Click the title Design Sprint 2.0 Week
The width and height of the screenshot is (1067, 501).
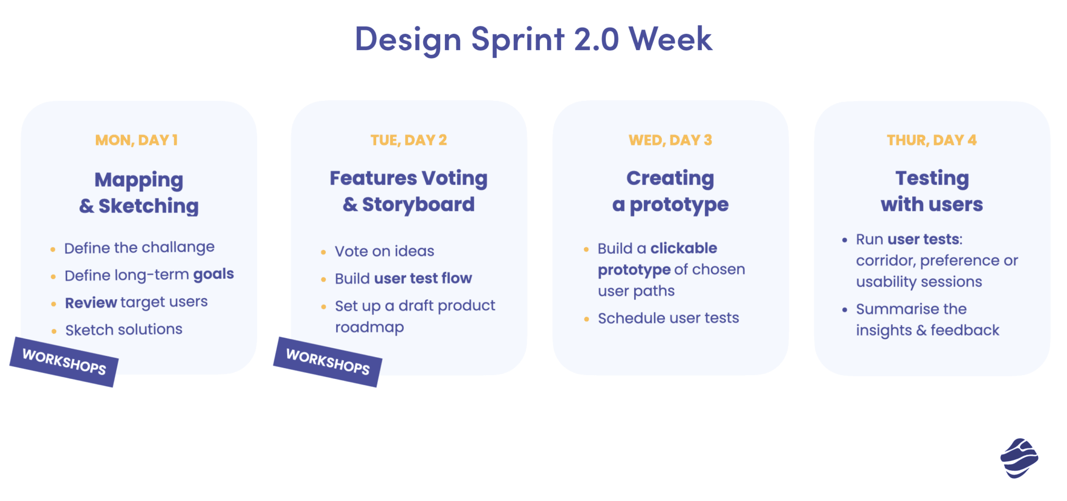pyautogui.click(x=533, y=39)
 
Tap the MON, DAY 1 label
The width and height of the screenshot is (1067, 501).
pyautogui.click(x=137, y=140)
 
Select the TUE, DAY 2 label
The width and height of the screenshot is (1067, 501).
pyautogui.click(x=408, y=140)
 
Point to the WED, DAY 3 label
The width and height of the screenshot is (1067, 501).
pyautogui.click(x=670, y=140)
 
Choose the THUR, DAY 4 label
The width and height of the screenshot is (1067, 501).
pyautogui.click(x=932, y=140)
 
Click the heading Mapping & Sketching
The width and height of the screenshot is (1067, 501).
pyautogui.click(x=139, y=193)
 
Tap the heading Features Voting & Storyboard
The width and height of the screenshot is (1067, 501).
pyautogui.click(x=408, y=191)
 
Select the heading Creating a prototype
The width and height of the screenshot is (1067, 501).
pyautogui.click(x=670, y=191)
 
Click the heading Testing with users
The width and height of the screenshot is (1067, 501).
pyautogui.click(x=932, y=191)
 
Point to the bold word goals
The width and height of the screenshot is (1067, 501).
pyautogui.click(x=214, y=274)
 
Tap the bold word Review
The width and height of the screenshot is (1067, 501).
pyautogui.click(x=91, y=302)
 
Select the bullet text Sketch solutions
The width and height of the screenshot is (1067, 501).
pyautogui.click(x=123, y=329)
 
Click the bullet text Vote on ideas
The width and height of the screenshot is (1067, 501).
pyautogui.click(x=384, y=251)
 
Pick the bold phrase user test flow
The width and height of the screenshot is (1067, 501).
pyautogui.click(x=423, y=278)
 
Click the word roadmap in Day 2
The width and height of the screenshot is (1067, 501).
pyautogui.click(x=369, y=327)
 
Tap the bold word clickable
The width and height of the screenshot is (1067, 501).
pyautogui.click(x=684, y=248)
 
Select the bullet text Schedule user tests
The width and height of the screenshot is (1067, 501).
pyautogui.click(x=668, y=318)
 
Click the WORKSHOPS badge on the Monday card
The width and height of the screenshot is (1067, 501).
pyautogui.click(x=64, y=362)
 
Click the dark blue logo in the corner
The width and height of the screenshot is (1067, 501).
pyautogui.click(x=1019, y=458)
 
